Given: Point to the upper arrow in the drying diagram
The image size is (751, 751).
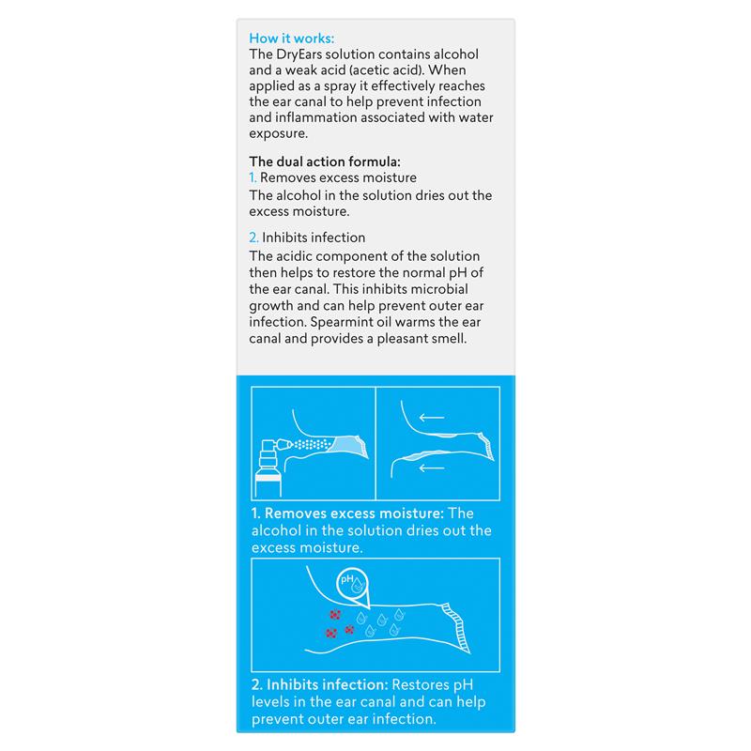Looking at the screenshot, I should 433,417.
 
